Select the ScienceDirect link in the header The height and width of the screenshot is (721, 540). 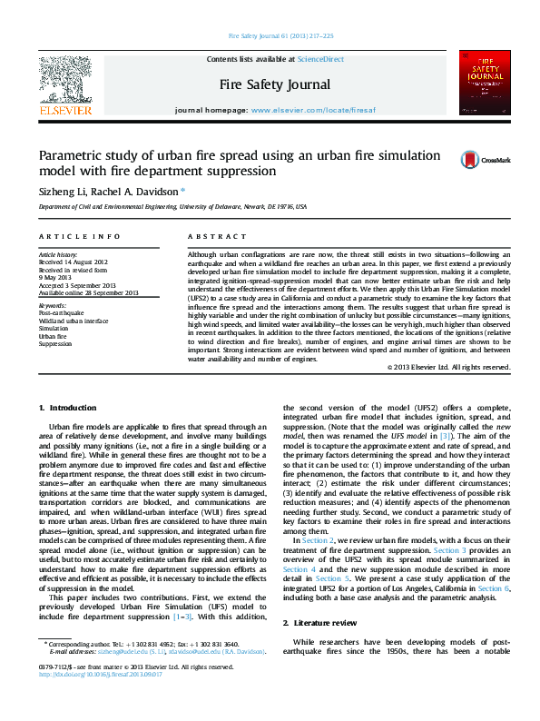tap(320, 58)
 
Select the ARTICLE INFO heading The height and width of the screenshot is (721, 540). tap(80, 236)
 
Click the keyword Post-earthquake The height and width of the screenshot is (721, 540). tap(60, 312)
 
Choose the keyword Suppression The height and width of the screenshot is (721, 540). tap(55, 344)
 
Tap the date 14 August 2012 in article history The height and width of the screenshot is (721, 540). tap(87, 261)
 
